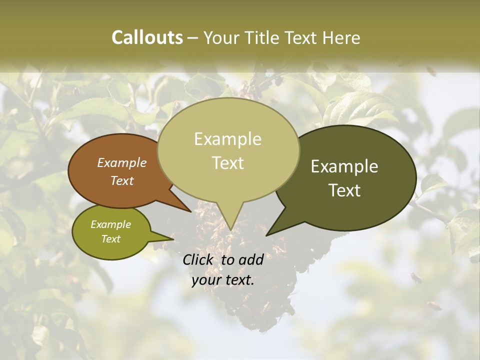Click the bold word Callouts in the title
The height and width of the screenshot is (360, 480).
point(147,37)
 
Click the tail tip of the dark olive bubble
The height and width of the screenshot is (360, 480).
point(266,235)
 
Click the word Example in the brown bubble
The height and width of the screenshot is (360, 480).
point(121,163)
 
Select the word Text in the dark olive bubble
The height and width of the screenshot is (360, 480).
point(345,190)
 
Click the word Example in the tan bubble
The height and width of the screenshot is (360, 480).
point(227,139)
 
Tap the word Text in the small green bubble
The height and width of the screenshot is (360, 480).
point(111,239)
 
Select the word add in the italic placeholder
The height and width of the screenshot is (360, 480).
point(251,259)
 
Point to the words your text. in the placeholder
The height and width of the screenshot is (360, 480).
point(222,280)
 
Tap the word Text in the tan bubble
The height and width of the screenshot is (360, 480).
point(228,163)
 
